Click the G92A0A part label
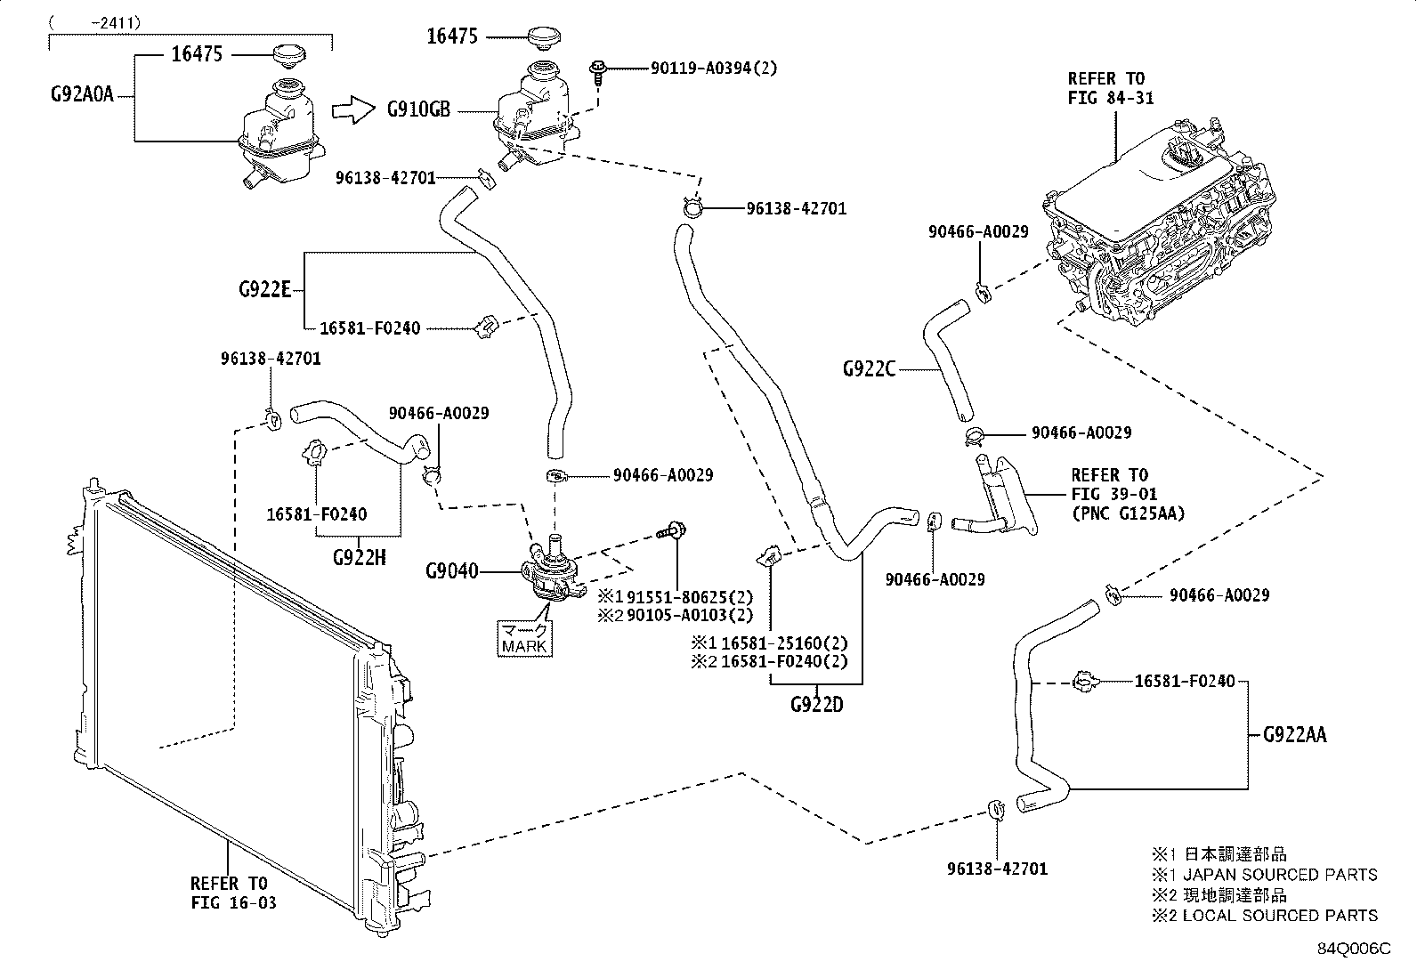pos(82,93)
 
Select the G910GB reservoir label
pos(418,110)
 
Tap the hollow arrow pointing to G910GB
pos(353,110)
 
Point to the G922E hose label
pos(264,289)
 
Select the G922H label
pos(359,558)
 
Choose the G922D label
pos(816,706)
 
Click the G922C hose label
pos(869,368)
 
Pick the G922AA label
pos(1294,735)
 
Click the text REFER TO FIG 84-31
pos(1110,88)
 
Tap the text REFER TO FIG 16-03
pos(233,893)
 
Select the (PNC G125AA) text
pos(1128,513)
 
